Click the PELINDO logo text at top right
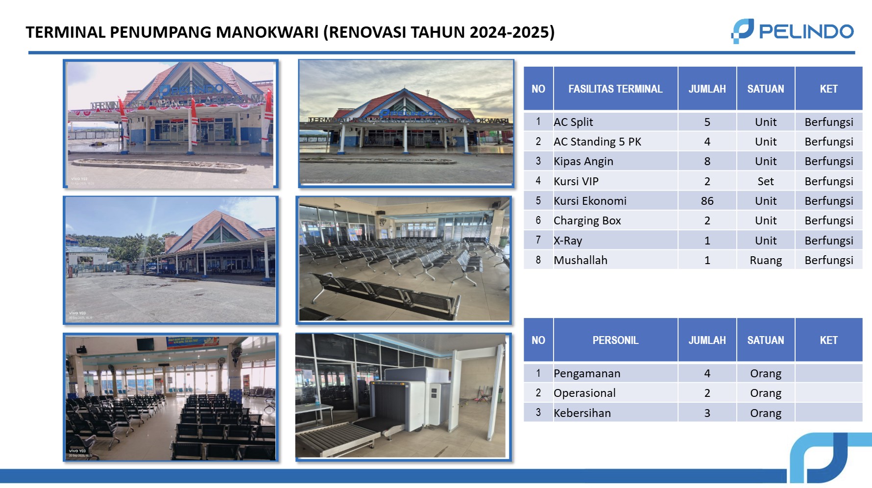coord(805,32)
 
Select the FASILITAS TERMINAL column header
coord(615,89)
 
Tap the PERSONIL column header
coord(615,340)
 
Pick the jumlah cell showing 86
coord(707,201)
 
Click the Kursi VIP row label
coord(576,181)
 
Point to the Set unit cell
coord(765,181)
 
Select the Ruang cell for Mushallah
coord(765,260)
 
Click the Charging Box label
coord(587,220)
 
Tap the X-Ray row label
coord(568,241)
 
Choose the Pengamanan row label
coord(587,373)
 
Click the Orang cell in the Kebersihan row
coord(765,413)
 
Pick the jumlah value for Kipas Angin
coord(707,161)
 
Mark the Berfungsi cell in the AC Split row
coord(828,122)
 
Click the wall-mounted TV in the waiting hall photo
coord(145,344)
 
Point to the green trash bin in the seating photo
coord(503,242)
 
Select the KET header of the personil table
coord(828,340)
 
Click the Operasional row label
coord(584,393)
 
